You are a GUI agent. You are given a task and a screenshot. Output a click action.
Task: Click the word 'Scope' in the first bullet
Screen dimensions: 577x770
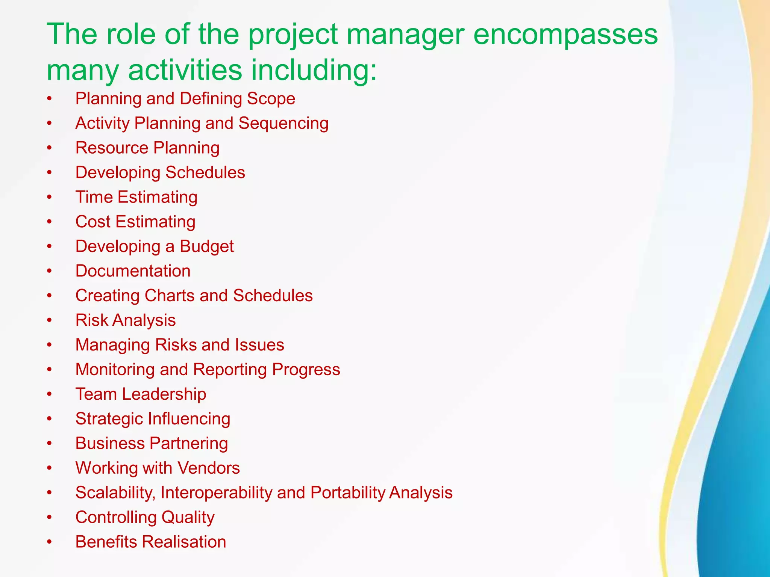pyautogui.click(x=271, y=99)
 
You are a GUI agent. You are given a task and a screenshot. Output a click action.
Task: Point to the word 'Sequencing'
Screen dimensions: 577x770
pyautogui.click(x=283, y=124)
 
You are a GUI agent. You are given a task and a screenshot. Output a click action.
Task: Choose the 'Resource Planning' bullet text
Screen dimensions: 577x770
pyautogui.click(x=147, y=148)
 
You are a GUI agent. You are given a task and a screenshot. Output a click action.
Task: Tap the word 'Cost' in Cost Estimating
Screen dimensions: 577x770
pyautogui.click(x=93, y=222)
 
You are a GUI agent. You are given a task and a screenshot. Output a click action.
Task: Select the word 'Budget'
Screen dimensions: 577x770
pyautogui.click(x=206, y=247)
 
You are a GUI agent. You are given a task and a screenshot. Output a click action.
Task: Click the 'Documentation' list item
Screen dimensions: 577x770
pyautogui.click(x=133, y=271)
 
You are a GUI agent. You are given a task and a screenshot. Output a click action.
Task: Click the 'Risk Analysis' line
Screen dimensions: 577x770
pyautogui.click(x=126, y=320)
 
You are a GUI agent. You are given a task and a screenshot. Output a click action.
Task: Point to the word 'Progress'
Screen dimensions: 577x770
pyautogui.click(x=306, y=370)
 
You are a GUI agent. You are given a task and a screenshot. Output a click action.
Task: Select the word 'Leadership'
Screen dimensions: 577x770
pyautogui.click(x=164, y=394)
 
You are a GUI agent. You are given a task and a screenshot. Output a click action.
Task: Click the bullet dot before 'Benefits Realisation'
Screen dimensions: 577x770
pyautogui.click(x=49, y=542)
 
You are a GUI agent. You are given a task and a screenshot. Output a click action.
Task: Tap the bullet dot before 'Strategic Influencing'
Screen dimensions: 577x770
pyautogui.click(x=49, y=419)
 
